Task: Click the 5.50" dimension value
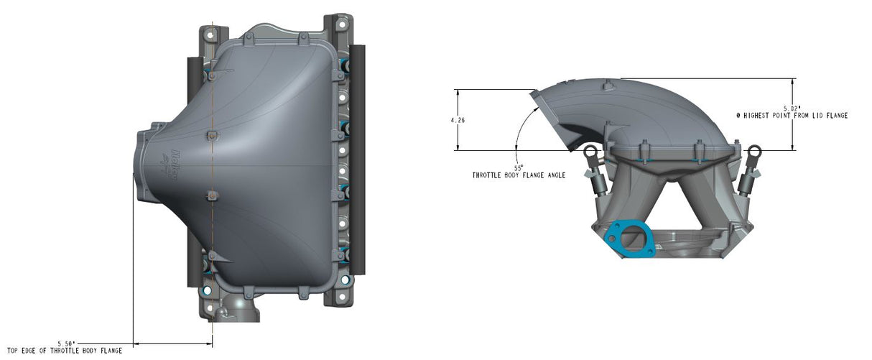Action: click(66, 343)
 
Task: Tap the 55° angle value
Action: click(518, 167)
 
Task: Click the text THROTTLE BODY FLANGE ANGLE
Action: click(518, 175)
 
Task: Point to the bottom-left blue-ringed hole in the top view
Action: click(208, 291)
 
